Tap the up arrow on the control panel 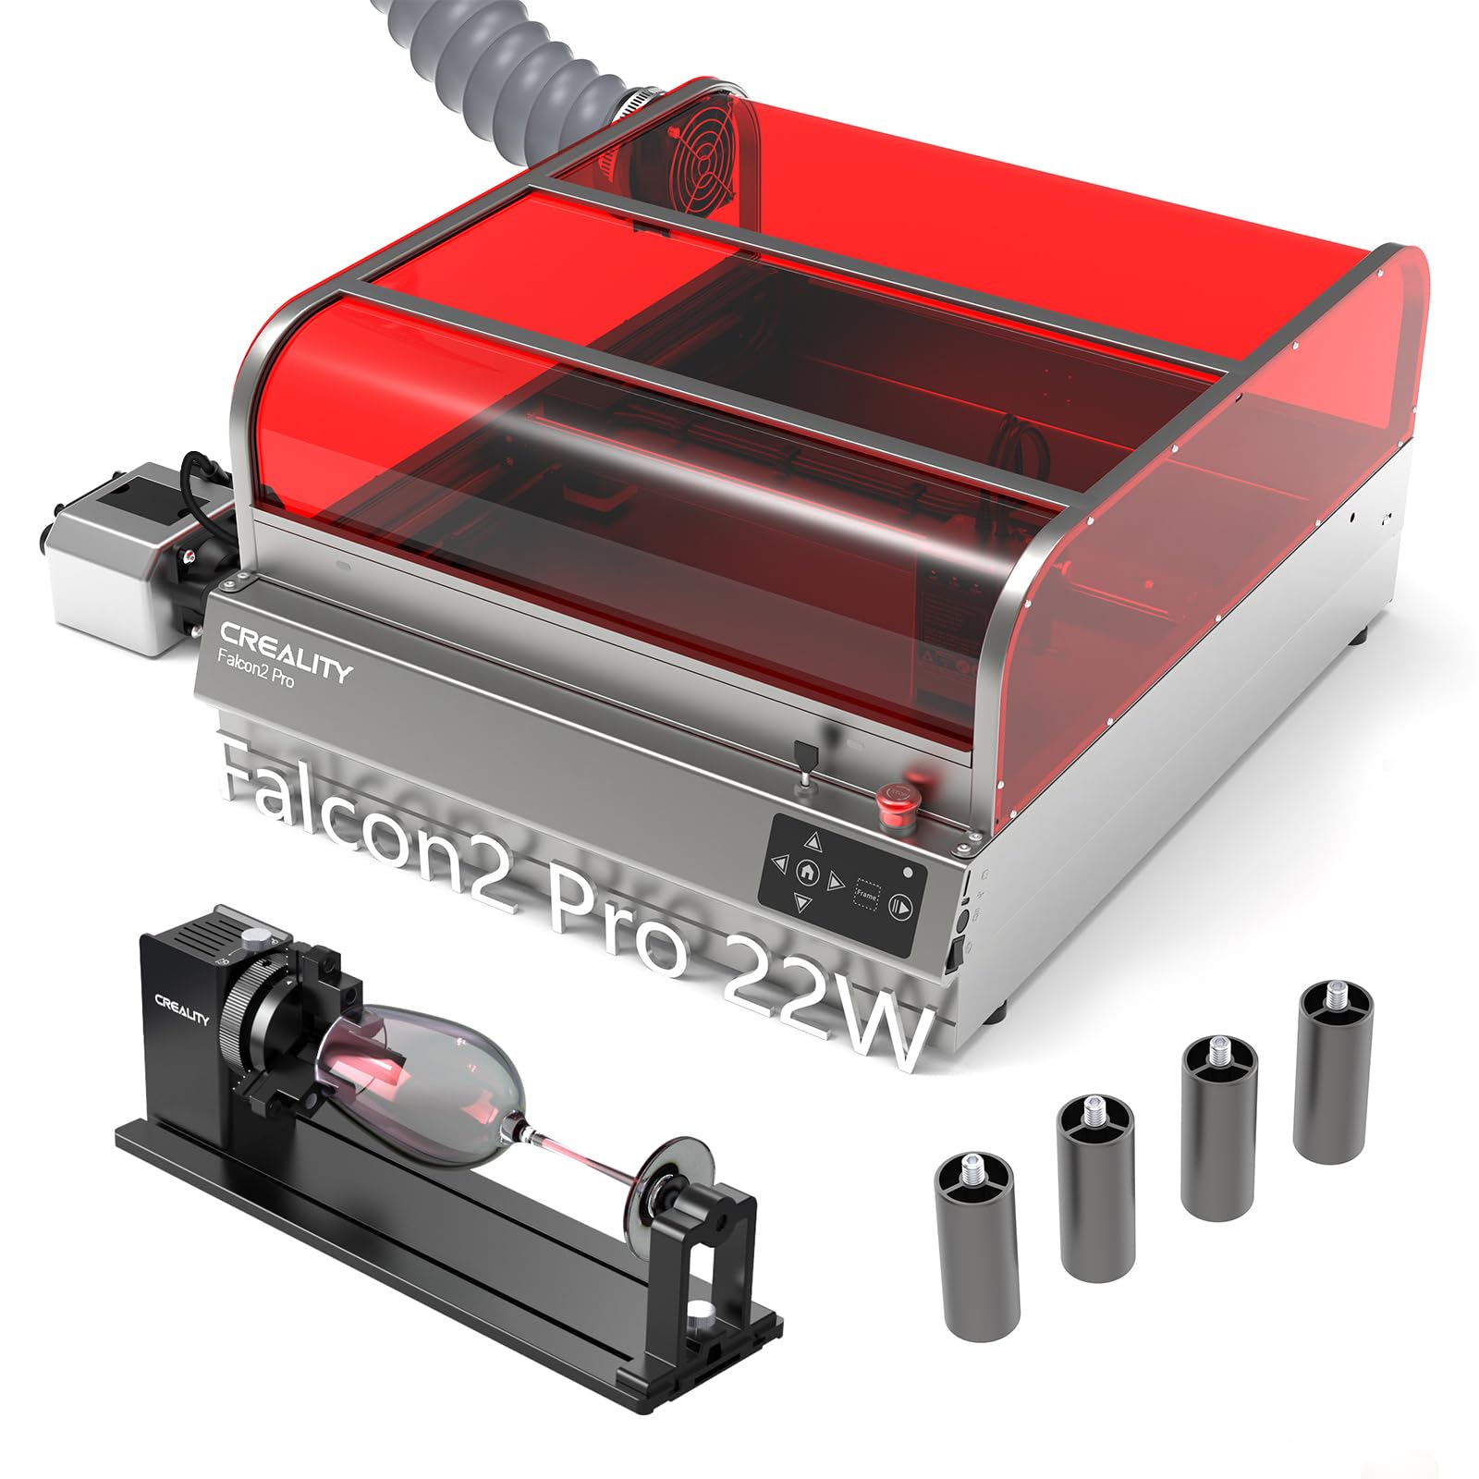pos(812,842)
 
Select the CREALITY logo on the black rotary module pos(181,1008)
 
